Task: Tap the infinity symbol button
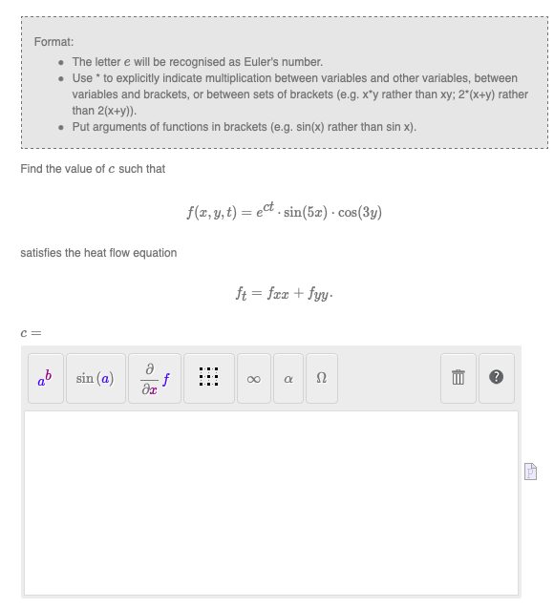(x=253, y=379)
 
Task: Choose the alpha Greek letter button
(x=288, y=379)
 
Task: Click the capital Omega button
(x=322, y=379)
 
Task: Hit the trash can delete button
(x=458, y=379)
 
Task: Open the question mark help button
(x=496, y=379)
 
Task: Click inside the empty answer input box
(x=271, y=502)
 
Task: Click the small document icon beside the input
(x=531, y=471)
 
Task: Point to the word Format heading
(x=53, y=42)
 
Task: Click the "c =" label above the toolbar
(x=31, y=333)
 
